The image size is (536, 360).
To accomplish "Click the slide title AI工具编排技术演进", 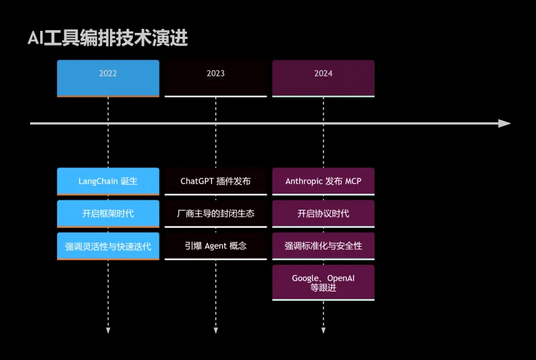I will [107, 38].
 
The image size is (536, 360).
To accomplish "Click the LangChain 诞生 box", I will [108, 181].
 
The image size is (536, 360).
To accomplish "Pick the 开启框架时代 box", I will [108, 213].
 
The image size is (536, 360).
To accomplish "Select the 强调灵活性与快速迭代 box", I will [108, 246].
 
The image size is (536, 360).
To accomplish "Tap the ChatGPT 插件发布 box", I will [216, 181].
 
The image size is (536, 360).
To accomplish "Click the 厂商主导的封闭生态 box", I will [216, 213].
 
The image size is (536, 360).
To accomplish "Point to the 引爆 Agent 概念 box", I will [216, 246].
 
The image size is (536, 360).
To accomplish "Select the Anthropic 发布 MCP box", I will [323, 181].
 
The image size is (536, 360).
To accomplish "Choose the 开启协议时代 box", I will [323, 213].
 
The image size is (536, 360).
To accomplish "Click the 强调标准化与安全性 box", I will [323, 246].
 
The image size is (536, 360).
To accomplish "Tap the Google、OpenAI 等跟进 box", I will [323, 283].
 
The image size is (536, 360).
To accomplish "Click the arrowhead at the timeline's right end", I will [505, 123].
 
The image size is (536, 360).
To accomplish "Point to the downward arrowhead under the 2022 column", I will [108, 331].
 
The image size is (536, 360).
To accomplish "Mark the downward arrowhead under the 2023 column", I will [216, 331].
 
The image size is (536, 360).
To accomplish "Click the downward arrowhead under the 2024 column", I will [323, 331].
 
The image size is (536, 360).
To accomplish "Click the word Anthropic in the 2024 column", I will [304, 181].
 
